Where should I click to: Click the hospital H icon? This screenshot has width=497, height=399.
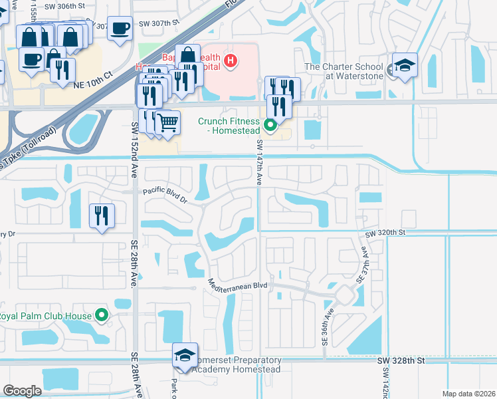(230, 62)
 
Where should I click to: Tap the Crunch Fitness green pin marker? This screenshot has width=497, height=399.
(270, 124)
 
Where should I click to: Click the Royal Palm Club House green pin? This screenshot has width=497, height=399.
(102, 315)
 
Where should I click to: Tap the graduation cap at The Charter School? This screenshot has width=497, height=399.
(405, 66)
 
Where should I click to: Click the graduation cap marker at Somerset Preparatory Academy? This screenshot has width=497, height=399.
(185, 356)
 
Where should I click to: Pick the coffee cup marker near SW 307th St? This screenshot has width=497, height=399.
(120, 29)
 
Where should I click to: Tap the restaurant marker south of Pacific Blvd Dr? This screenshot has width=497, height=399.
(102, 215)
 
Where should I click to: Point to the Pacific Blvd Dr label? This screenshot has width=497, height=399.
(165, 192)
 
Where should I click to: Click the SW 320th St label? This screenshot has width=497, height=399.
(385, 233)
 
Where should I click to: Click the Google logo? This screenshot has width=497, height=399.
(22, 391)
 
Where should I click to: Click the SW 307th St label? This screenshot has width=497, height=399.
(159, 23)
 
